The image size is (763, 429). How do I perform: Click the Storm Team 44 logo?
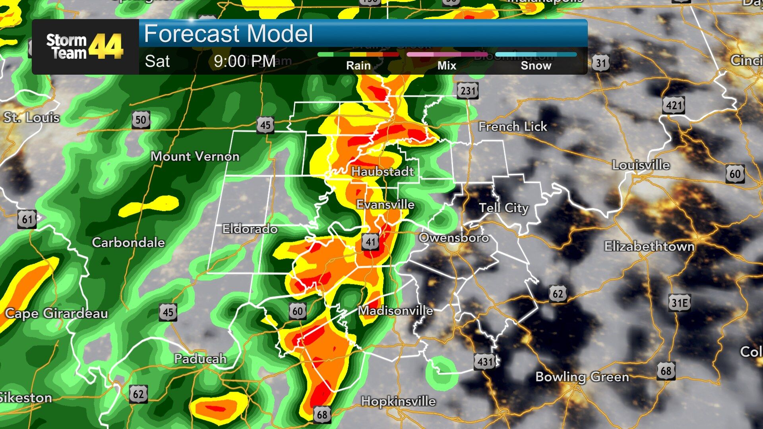[x=85, y=46]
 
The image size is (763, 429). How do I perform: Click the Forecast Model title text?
[x=229, y=34]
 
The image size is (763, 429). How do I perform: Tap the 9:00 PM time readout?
[x=244, y=61]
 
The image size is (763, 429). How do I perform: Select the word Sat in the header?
[x=157, y=61]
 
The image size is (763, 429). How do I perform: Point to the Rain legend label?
[x=358, y=66]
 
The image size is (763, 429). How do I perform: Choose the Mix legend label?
[x=447, y=66]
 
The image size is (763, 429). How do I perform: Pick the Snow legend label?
[x=536, y=66]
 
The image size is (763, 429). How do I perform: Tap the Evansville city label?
[x=385, y=205]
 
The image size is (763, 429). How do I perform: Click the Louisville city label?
[x=641, y=165]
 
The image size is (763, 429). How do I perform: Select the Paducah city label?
[x=200, y=359]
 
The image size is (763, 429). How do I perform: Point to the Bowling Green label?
[x=582, y=377]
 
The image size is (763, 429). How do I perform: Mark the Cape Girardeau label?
[x=56, y=313]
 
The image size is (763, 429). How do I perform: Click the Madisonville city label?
[x=395, y=311]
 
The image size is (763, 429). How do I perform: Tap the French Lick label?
[x=513, y=127]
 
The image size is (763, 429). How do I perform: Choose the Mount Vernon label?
[x=195, y=157]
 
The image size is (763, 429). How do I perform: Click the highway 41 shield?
[x=370, y=242]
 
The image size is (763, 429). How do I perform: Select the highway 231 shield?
[x=467, y=91]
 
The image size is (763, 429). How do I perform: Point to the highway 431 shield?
[x=485, y=361]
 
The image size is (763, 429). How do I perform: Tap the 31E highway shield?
[x=680, y=303]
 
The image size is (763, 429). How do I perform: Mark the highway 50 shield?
[x=141, y=120]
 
